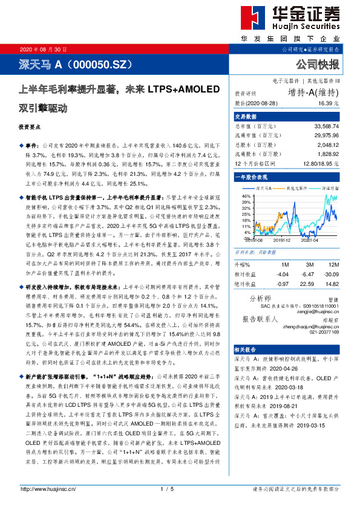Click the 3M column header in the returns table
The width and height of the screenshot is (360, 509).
tap(309, 265)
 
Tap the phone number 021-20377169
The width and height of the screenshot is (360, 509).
tap(321, 331)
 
